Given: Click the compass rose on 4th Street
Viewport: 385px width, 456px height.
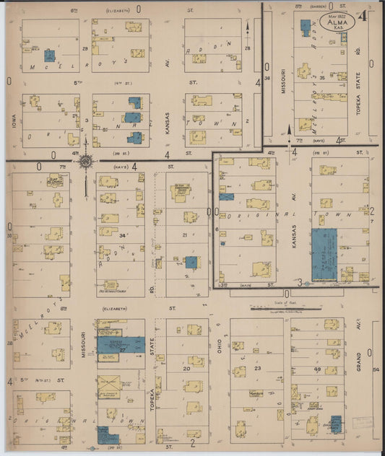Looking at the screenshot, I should tap(85, 161).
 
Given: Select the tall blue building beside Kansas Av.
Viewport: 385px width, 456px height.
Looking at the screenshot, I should tap(324, 255).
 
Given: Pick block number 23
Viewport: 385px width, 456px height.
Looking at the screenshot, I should tap(256, 369).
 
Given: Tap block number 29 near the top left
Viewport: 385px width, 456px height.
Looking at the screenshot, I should tap(85, 48).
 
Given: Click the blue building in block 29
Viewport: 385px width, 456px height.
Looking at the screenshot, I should tap(49, 55).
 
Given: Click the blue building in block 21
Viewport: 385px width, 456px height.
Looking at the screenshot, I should tap(191, 262).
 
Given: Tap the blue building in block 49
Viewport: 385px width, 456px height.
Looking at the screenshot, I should tap(335, 424).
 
